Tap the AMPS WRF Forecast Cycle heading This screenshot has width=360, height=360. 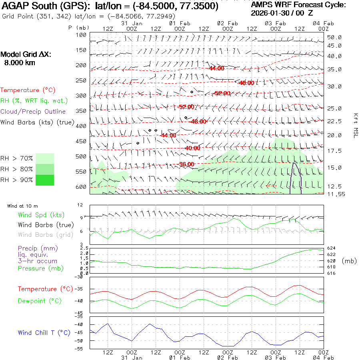pos(298,5)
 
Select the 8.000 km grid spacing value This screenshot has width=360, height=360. pos(19,63)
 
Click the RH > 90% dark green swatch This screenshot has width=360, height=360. pos(45,180)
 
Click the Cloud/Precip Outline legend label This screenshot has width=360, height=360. pos(33,112)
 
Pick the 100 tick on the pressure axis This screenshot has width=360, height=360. pos(82,35)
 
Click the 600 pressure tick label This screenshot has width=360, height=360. pos(82,186)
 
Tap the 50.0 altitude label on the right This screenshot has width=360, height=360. pos(334,37)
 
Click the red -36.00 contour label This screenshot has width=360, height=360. pos(186,164)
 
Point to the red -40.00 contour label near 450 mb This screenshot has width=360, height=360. pos(192,148)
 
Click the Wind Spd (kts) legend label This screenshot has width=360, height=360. pos(41,215)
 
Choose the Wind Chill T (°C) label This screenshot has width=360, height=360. pos(44,332)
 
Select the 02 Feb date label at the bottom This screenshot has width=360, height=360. pos(227,357)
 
